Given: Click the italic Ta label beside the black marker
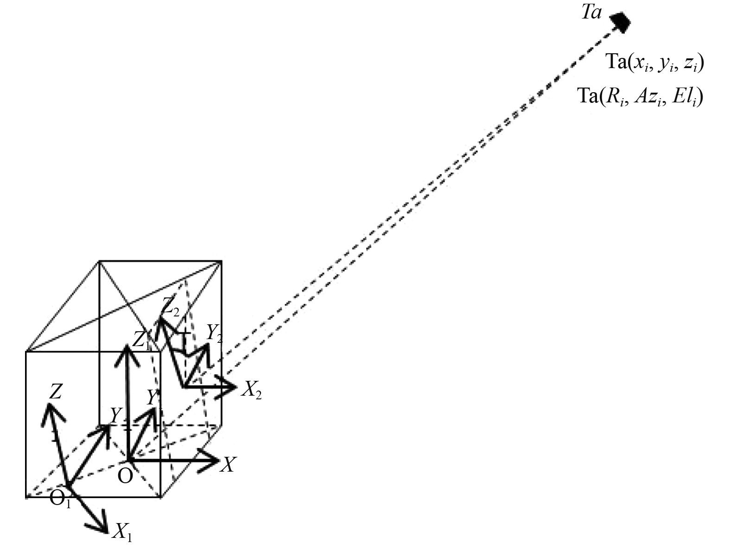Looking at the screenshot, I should point(591,13).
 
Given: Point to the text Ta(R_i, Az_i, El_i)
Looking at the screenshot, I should point(640,97).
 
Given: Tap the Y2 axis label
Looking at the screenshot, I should point(214,333).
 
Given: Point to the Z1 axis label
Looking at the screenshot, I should point(141,340).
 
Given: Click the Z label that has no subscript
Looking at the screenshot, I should point(56,391).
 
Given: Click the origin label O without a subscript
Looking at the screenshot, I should point(125,475).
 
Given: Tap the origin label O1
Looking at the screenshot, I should point(60,499).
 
